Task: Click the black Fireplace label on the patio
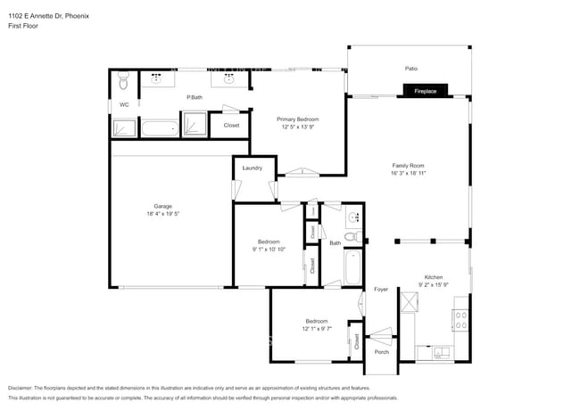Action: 424,91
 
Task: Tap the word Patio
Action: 411,69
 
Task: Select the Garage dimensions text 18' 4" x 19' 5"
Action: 162,215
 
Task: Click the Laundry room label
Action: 252,168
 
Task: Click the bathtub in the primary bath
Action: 161,129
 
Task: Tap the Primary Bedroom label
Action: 297,119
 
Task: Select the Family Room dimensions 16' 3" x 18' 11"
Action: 408,174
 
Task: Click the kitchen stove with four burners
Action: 461,320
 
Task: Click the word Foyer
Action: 381,290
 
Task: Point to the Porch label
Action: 381,352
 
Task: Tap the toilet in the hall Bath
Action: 352,236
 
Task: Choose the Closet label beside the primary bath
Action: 231,126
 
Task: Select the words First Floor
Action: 21,26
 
